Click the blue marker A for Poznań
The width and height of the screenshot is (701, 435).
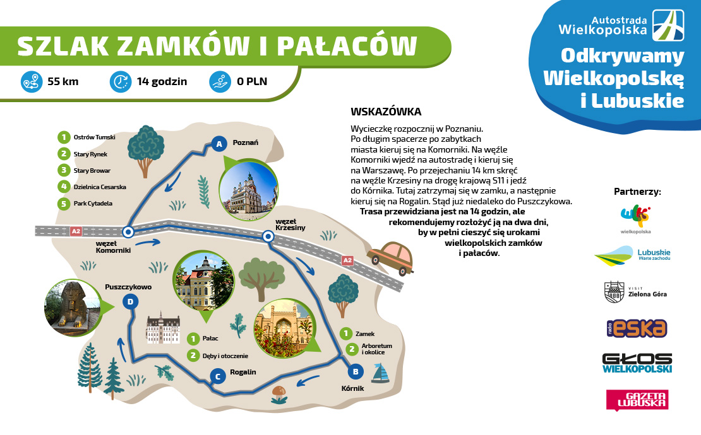(x=219, y=144)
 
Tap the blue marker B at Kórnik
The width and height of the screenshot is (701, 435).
(x=356, y=371)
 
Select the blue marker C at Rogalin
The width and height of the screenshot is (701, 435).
(x=218, y=376)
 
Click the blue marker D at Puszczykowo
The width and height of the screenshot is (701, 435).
(x=130, y=301)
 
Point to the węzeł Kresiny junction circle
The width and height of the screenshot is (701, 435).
(x=268, y=236)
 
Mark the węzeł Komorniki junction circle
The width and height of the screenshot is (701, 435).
(x=128, y=231)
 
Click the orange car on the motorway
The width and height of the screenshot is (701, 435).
(x=390, y=258)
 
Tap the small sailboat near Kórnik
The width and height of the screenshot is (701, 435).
(x=380, y=373)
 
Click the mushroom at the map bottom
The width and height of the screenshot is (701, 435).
(x=279, y=395)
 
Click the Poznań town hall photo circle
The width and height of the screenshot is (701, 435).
(x=249, y=190)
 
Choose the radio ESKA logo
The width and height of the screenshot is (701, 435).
(x=637, y=328)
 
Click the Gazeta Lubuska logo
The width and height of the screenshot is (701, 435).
(x=637, y=400)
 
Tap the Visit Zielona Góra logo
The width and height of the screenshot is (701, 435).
(x=635, y=293)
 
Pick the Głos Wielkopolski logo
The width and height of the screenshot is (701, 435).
(x=637, y=363)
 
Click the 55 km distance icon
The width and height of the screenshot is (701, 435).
(x=32, y=82)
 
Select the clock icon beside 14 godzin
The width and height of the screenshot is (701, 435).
(x=121, y=82)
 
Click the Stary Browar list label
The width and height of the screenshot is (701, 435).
(x=92, y=170)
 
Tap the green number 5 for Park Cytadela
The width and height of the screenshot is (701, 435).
(x=64, y=204)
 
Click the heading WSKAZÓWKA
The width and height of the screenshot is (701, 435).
(x=386, y=112)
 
